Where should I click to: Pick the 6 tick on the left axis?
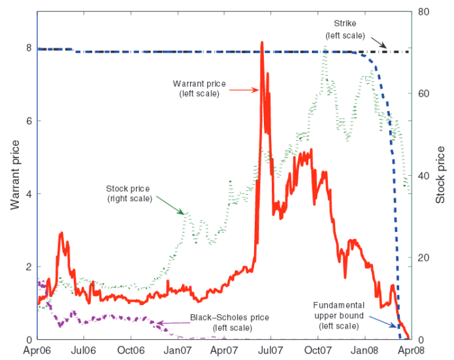28,121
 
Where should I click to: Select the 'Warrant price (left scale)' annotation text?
199,88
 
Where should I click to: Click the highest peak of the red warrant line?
262,43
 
